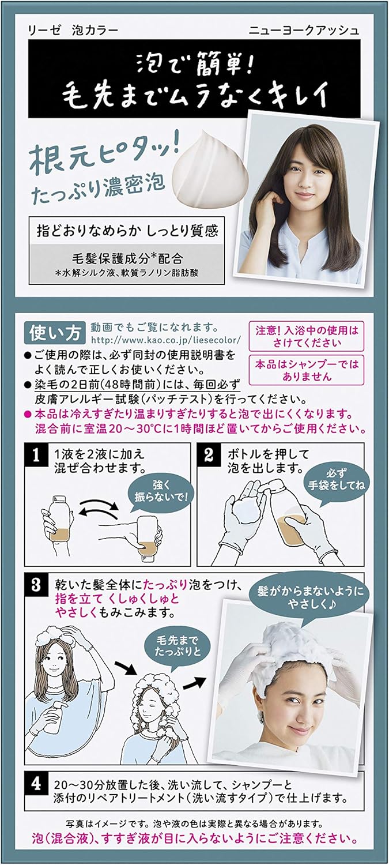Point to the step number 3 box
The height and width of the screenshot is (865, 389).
36,585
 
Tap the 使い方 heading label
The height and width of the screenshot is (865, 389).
55,333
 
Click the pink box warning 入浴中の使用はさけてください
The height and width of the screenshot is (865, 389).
307,336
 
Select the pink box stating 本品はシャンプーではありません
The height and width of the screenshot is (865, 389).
307,370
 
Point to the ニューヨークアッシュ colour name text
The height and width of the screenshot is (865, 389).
304,30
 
